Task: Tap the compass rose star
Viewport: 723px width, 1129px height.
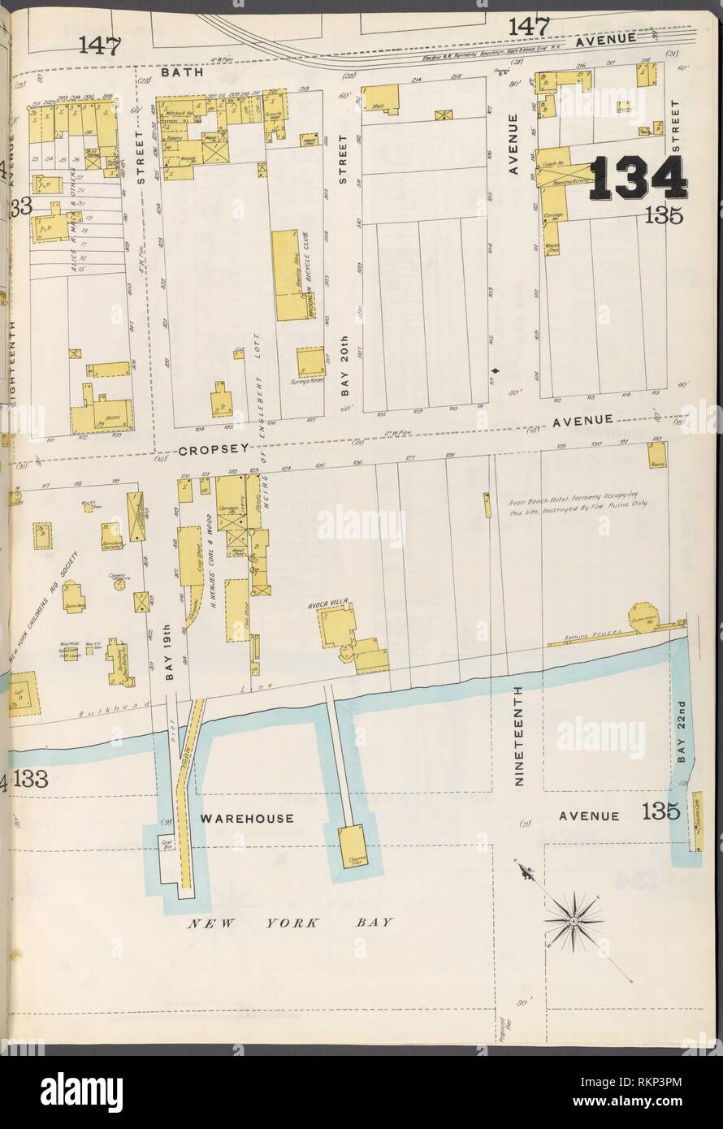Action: pyautogui.click(x=574, y=919)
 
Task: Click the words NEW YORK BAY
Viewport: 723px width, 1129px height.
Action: pyautogui.click(x=291, y=923)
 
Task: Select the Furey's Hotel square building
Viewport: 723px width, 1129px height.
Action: pyautogui.click(x=310, y=363)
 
